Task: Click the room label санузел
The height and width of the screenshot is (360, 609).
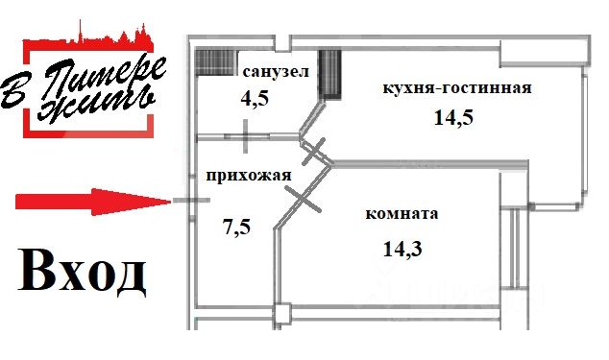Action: pos(276,71)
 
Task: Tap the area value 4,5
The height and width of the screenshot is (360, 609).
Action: pos(255,98)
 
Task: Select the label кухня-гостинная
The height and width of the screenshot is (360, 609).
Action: pos(457,87)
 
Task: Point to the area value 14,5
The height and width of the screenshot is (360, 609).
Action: pos(453,117)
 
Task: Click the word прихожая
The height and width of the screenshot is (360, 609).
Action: pos(249,176)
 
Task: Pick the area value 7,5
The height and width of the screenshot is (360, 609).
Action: pos(236,227)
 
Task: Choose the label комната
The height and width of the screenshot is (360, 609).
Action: pos(402,213)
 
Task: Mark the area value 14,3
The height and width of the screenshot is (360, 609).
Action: pos(402,249)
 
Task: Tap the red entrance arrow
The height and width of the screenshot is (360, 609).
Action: pos(93,202)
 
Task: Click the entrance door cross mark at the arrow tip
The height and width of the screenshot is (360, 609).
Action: pos(191,201)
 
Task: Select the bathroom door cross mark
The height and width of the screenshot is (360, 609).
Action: pos(246,136)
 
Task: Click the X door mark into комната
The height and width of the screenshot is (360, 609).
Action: pos(303,200)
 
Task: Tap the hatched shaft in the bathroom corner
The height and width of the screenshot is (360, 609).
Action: pos(216,62)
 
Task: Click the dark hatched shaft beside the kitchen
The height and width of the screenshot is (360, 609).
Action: pos(330,74)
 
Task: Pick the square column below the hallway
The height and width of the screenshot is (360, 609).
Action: pos(282,314)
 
